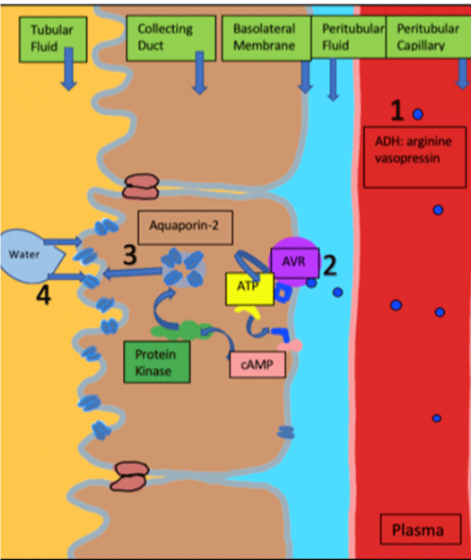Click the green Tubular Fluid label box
point(53,39)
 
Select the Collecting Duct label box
point(171,38)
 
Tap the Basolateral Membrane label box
point(266,38)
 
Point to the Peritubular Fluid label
point(349,37)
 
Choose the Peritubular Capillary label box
point(429,37)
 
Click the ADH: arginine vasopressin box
point(415,157)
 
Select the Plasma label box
point(421,529)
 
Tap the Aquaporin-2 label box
point(186,228)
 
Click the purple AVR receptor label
point(294,263)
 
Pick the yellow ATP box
point(249,289)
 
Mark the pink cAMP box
point(257,364)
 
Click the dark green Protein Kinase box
point(157,363)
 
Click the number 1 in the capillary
point(397,110)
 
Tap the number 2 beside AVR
point(329,266)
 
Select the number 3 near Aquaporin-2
point(130,255)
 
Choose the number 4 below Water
point(44,296)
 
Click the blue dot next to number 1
point(418,114)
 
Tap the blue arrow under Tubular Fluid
point(68,68)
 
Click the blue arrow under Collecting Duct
point(199,73)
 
